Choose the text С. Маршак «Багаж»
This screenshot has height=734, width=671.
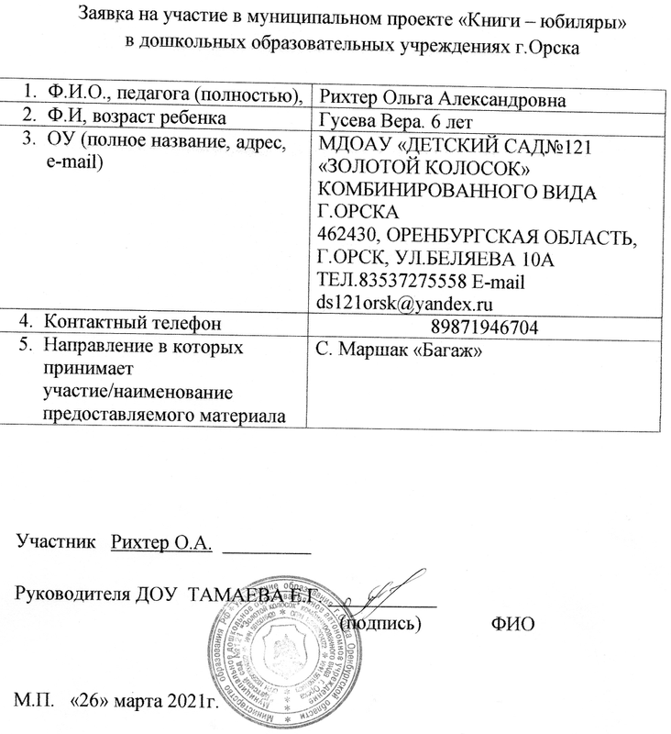[x=398, y=349]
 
